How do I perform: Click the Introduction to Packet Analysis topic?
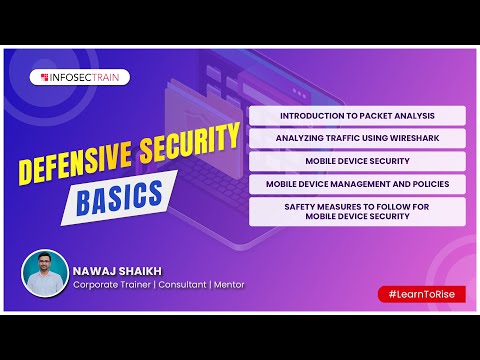(x=357, y=116)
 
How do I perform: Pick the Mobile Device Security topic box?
(x=357, y=161)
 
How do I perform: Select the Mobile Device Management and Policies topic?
(x=357, y=184)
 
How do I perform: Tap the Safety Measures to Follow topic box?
(x=357, y=210)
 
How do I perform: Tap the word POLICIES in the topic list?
(x=428, y=184)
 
